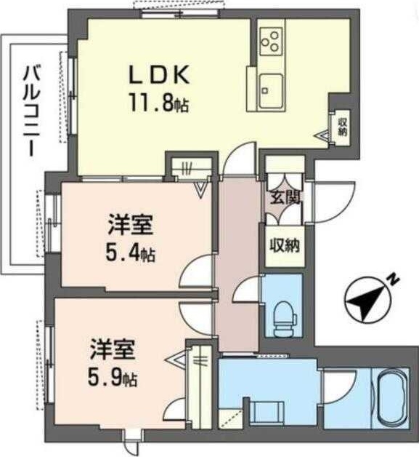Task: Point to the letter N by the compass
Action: click(391, 279)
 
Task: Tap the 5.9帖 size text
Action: click(114, 378)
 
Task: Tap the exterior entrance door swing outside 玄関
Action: click(330, 200)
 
